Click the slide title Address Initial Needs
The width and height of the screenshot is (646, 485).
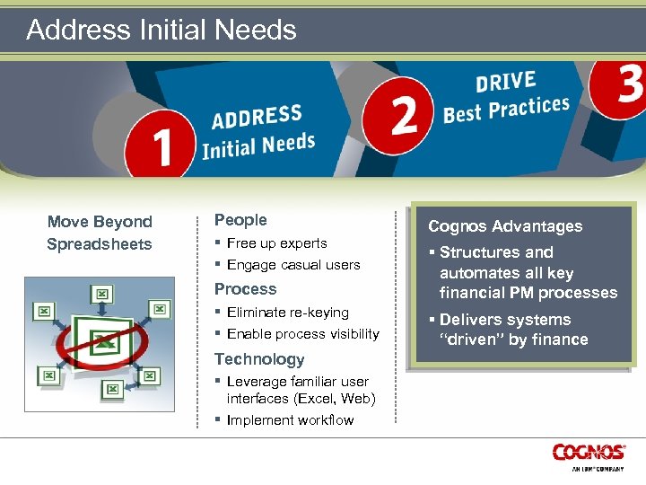(161, 30)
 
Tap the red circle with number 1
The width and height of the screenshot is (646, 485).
(161, 146)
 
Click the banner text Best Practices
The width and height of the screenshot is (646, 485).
(506, 110)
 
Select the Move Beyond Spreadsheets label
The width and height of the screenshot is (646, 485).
(100, 233)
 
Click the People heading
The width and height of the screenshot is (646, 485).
(240, 220)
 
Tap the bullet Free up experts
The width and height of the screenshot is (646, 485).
(276, 243)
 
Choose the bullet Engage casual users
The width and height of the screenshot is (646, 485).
(292, 265)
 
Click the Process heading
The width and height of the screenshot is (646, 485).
(245, 289)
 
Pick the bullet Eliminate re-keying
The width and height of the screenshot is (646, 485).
(287, 313)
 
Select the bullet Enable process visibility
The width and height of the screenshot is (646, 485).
(302, 334)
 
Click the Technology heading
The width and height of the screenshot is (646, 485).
(259, 359)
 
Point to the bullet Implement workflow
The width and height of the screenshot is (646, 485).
(290, 420)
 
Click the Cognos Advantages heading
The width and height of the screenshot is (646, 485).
(505, 226)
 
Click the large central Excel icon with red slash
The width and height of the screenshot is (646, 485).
(100, 341)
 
